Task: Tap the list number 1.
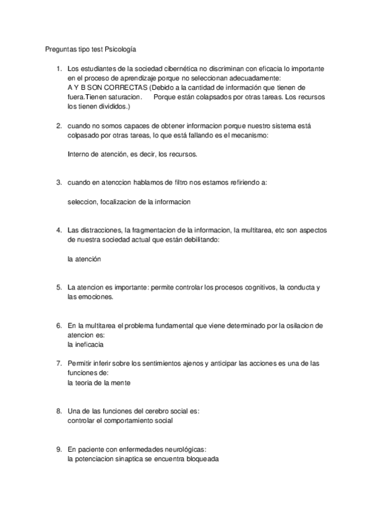(x=58, y=68)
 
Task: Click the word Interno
(x=78, y=155)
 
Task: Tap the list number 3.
(x=58, y=183)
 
